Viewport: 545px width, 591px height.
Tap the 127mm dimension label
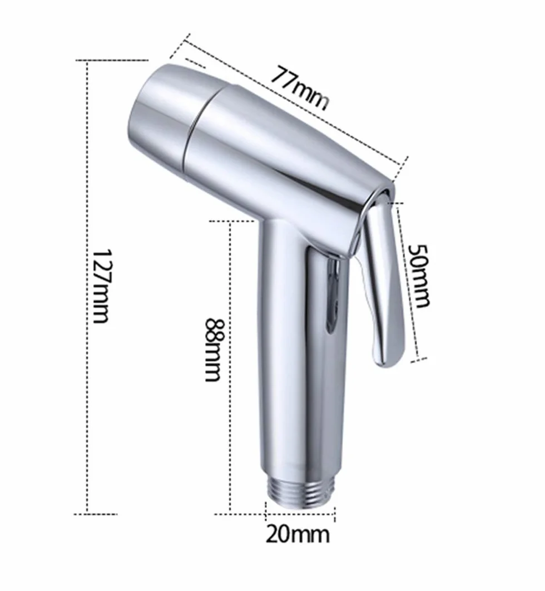pos(101,285)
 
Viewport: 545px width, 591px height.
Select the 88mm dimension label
pos(214,350)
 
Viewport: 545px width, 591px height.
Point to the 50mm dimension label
pos(419,276)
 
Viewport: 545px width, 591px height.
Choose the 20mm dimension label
pos(298,534)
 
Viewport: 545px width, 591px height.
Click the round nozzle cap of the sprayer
pos(167,113)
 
